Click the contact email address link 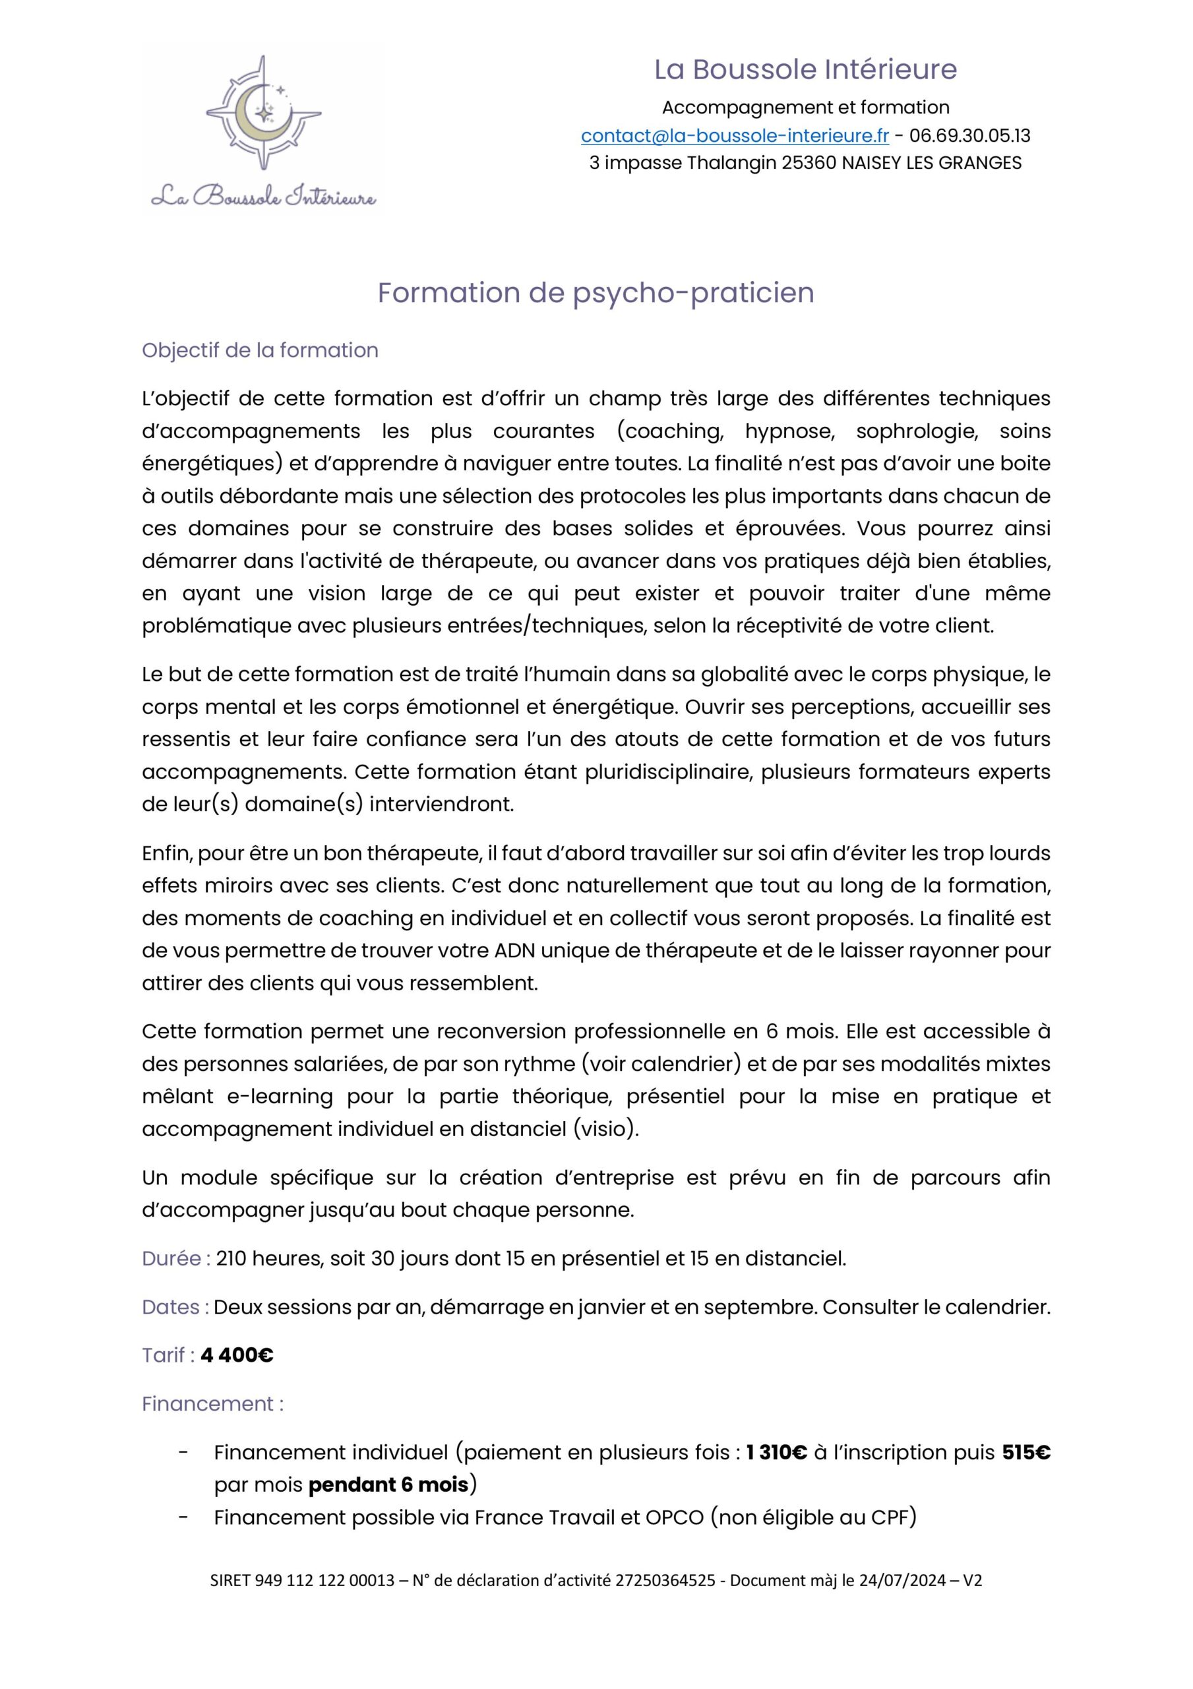[x=734, y=136]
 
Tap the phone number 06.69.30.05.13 [x=969, y=136]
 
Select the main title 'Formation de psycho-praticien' [x=596, y=293]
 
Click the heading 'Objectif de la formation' [x=260, y=350]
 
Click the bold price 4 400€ [x=237, y=1355]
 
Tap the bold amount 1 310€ [x=777, y=1452]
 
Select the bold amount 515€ [x=1026, y=1452]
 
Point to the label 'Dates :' [x=175, y=1307]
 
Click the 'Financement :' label [x=212, y=1403]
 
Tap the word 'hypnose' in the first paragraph [x=789, y=431]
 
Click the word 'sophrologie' [x=917, y=431]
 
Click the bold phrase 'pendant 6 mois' [x=388, y=1484]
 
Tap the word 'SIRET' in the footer [x=230, y=1601]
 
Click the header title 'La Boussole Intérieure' [x=805, y=70]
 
